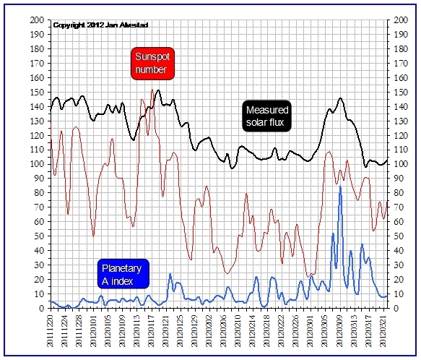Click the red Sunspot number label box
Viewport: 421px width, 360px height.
152,64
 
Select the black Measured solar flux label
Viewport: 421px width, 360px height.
267,116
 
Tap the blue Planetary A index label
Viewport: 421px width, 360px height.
123,274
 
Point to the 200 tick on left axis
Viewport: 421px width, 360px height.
37,20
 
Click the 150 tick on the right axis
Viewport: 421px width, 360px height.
401,93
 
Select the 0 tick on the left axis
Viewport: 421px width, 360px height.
41,309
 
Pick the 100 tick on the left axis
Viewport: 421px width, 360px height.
37,164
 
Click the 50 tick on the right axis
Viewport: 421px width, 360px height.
398,236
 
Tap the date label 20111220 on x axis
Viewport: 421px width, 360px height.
51,331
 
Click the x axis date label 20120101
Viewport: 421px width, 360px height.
94,331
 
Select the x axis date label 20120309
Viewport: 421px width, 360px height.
340,331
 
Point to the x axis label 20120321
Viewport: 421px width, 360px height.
383,331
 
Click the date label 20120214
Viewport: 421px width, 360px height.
253,331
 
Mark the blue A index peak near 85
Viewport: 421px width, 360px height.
340,186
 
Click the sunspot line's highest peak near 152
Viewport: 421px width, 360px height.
152,90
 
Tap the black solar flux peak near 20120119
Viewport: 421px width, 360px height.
158,90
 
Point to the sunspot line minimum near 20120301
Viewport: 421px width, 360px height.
308,277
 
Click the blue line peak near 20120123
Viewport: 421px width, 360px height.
170,274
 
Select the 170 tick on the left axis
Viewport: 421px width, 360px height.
37,63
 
